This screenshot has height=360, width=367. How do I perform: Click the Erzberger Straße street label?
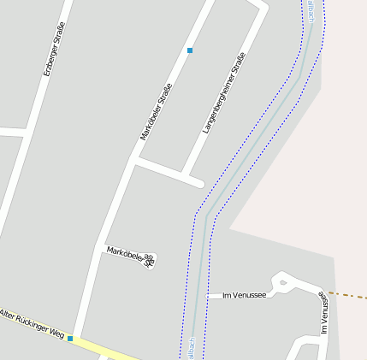pos(54,50)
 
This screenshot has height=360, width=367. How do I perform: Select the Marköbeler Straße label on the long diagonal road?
pos(157,111)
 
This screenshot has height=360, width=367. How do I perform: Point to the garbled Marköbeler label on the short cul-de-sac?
pos(130,256)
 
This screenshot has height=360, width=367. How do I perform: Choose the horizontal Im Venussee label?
pos(244,296)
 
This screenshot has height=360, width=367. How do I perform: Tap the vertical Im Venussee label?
pos(324,313)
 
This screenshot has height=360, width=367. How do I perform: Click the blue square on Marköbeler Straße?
pos(190,50)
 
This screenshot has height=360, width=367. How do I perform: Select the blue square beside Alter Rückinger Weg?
pos(70,339)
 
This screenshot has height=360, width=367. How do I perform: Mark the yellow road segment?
pos(111,350)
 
